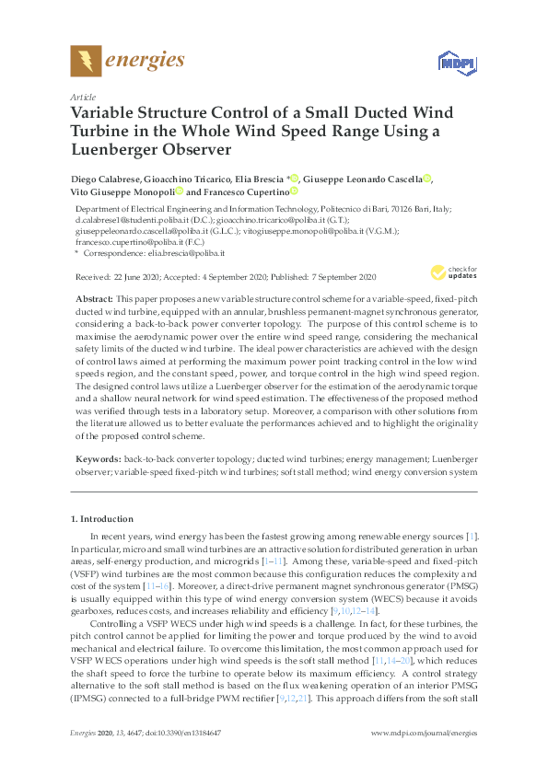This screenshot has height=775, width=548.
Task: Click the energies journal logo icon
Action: [x=85, y=61]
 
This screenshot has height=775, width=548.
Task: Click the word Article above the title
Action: [x=82, y=96]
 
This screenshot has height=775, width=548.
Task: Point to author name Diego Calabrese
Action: [x=107, y=178]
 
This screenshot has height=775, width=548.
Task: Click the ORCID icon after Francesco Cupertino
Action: [x=294, y=191]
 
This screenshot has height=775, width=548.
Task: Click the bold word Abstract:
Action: [x=93, y=300]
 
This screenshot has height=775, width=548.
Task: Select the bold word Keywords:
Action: [x=97, y=457]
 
